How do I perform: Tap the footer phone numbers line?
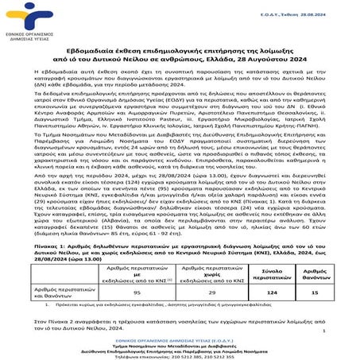pos(180,354)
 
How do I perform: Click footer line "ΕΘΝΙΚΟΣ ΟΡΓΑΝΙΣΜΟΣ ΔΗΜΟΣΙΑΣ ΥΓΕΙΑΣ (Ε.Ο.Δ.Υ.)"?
pos(180,338)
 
